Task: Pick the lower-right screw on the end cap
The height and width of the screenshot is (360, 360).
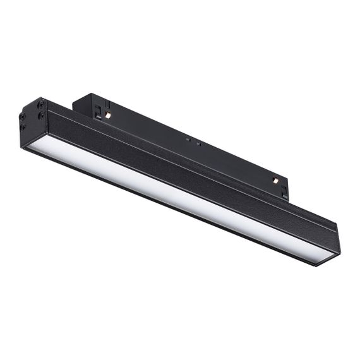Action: coord(42,116)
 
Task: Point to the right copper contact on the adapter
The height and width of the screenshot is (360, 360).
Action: coord(275,181)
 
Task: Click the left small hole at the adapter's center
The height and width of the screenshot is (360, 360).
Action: coord(188,136)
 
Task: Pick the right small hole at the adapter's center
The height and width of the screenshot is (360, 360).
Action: coord(198,143)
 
